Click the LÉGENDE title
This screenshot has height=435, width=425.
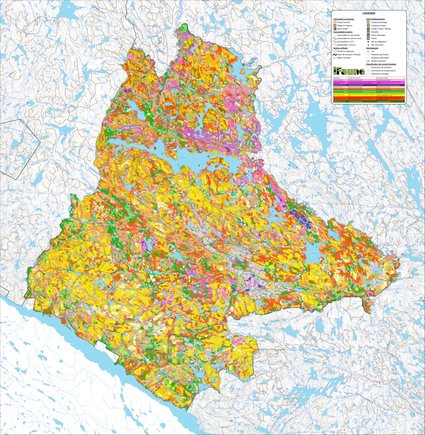[x=369, y=14]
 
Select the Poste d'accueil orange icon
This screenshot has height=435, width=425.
[x=335, y=22]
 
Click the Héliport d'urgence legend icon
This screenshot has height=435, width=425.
[x=335, y=25]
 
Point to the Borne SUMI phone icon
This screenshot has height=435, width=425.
[x=335, y=29]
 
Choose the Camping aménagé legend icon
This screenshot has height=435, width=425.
[x=368, y=22]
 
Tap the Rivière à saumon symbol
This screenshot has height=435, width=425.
[x=368, y=61]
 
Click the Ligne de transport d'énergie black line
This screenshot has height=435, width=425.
[x=335, y=54]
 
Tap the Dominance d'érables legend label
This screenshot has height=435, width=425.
[x=381, y=74]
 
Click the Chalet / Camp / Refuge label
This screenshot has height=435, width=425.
[x=381, y=29]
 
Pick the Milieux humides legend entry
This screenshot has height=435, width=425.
[x=343, y=58]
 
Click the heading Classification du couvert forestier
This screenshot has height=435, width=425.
[x=386, y=64]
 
